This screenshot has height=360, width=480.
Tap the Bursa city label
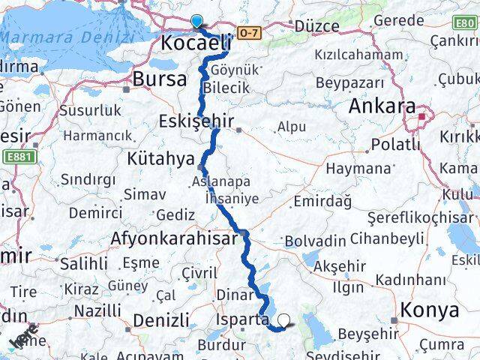coord(160,79)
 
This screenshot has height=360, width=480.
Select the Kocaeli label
coord(194,43)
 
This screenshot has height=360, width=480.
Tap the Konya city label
coord(430,310)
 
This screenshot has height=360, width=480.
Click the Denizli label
coord(160,321)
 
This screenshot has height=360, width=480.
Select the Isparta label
coord(241,319)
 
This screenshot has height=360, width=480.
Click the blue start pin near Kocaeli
coord(196,21)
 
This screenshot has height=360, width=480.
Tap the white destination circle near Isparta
coord(283,324)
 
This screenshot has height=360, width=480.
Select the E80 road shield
coord(465,23)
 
